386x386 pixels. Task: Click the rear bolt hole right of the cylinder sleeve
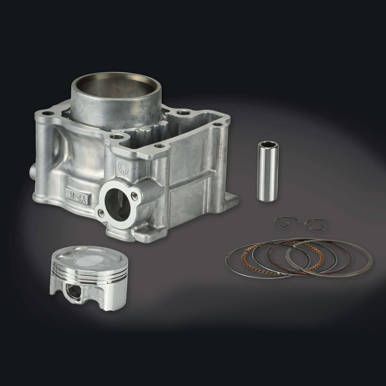[x=183, y=112]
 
